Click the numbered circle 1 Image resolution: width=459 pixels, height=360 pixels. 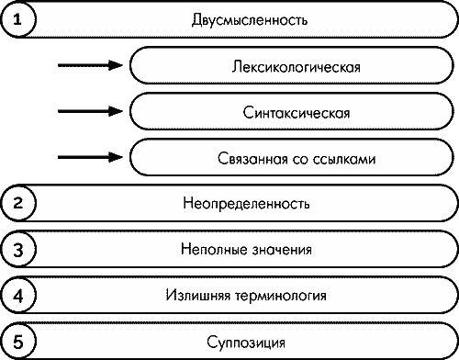(17, 19)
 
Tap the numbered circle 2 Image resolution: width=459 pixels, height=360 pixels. (17, 203)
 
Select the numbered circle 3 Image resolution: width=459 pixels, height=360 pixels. (17, 249)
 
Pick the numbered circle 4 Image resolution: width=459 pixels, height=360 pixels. (17, 296)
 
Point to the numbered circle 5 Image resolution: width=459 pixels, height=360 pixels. (17, 342)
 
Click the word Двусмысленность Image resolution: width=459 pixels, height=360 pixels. (244, 19)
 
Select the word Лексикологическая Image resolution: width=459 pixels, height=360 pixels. (296, 66)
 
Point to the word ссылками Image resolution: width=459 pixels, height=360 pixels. (344, 158)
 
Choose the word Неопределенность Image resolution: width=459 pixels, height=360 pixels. (245, 203)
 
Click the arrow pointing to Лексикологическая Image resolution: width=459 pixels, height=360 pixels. (90, 65)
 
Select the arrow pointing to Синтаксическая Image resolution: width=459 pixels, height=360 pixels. (90, 111)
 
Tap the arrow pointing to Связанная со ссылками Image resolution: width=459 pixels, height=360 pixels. (90, 157)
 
